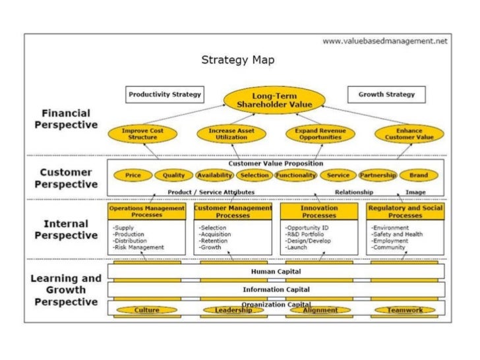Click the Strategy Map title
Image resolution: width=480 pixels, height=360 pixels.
[238, 60]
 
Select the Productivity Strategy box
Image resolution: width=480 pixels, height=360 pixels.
[165, 94]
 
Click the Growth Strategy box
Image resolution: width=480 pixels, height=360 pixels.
[386, 94]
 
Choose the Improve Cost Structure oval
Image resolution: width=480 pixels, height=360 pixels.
[140, 135]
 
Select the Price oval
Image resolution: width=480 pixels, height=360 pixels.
[133, 175]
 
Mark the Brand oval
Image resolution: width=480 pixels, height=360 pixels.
[418, 175]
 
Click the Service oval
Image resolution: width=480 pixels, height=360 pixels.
[338, 175]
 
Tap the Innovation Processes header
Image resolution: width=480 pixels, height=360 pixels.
[318, 211]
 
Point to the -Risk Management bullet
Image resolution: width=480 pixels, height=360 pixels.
[138, 248]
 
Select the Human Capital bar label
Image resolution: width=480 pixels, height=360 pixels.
[276, 271]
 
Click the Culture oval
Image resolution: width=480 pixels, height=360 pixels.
[146, 310]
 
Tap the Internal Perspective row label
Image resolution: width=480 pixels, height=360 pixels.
[67, 229]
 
